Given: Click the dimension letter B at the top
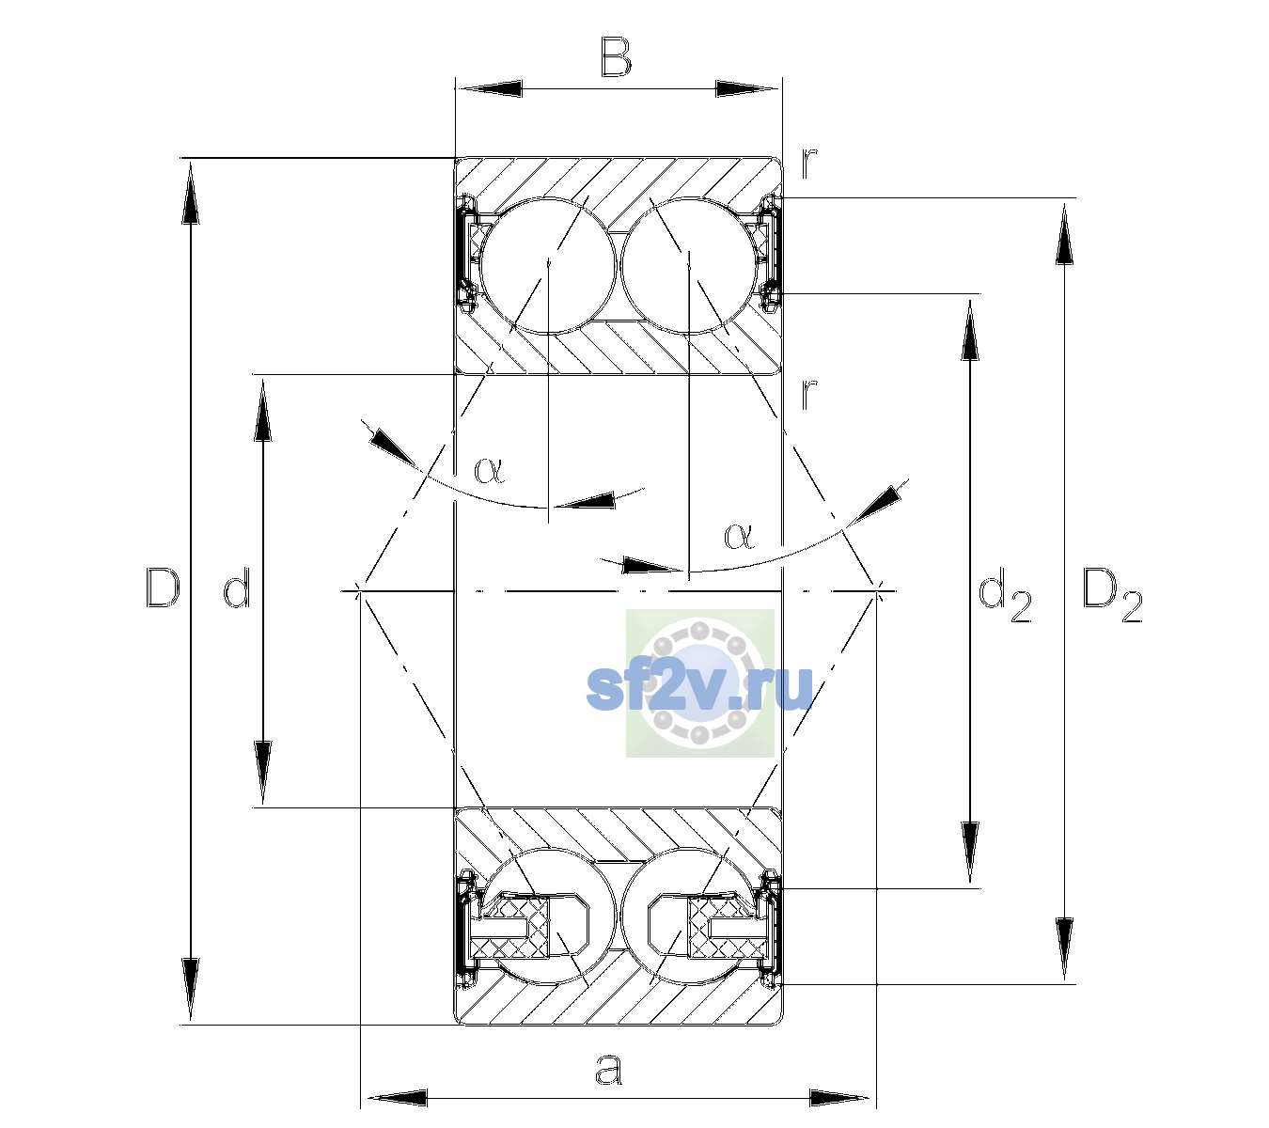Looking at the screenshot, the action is coord(616,57).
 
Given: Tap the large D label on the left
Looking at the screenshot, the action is coord(163,587).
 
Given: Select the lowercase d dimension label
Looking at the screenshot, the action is coord(237,587).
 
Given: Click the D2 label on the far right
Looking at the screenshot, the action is coord(1112,595).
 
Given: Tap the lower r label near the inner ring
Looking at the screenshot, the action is coord(809,393).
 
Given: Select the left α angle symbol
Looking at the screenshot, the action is coord(489,470).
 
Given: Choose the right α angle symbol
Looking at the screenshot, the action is coord(739,536).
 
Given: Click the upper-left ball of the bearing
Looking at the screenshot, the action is coord(549,266).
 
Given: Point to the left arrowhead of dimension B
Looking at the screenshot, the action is coord(489,89).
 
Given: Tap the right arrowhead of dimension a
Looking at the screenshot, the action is coord(839,1098).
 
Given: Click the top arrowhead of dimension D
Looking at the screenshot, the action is coord(191,191).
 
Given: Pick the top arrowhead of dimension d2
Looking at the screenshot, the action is coord(969,330).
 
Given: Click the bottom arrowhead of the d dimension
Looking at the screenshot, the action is coord(263,773).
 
